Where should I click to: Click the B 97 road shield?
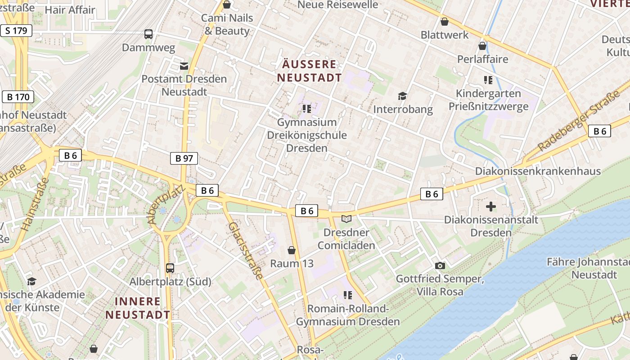(x=184, y=158)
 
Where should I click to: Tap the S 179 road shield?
(x=17, y=31)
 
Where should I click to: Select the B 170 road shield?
(x=18, y=97)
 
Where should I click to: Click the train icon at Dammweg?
(x=148, y=34)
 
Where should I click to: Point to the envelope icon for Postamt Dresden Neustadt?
(x=184, y=66)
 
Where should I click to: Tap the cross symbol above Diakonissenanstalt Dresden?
(x=491, y=207)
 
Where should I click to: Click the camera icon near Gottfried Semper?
(x=440, y=266)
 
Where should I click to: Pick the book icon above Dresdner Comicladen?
(x=346, y=219)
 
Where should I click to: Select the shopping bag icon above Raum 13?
(x=292, y=250)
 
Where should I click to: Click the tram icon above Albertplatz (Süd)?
(x=170, y=268)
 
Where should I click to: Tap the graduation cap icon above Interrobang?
(x=402, y=96)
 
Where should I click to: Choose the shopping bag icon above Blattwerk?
(x=445, y=22)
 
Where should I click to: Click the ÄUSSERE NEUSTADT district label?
(x=309, y=71)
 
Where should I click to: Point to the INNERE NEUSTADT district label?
(x=138, y=308)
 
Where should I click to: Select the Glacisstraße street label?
(x=246, y=250)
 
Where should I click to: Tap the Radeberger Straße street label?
(x=579, y=122)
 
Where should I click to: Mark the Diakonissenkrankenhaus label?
(x=538, y=171)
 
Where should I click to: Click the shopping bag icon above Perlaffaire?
(x=482, y=46)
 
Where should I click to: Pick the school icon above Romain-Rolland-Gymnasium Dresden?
(x=347, y=295)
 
